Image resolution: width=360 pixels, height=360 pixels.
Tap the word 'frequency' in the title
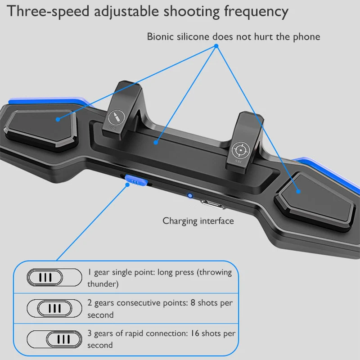(256, 12)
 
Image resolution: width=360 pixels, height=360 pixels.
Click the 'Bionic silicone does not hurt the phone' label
(234, 36)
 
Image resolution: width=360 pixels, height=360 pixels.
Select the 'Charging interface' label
(198, 221)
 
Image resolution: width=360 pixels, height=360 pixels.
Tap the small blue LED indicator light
(190, 196)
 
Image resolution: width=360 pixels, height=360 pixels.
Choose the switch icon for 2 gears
(54, 308)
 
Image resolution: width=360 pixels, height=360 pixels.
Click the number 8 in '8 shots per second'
(193, 303)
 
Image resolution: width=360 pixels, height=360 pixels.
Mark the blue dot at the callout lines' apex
(216, 46)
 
